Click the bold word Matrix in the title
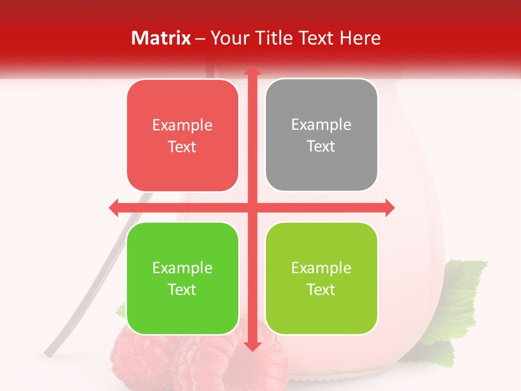click(161, 38)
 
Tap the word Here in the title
click(360, 38)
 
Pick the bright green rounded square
click(182, 310)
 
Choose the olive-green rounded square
click(321, 310)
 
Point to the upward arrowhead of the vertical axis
click(252, 71)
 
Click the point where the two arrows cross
click(252, 207)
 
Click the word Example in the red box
click(182, 125)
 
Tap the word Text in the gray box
click(321, 147)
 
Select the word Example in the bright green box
click(182, 268)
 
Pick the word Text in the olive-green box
click(321, 290)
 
